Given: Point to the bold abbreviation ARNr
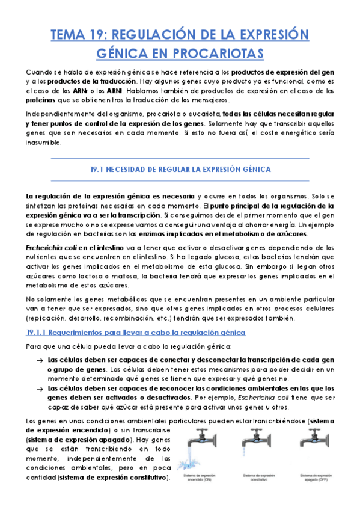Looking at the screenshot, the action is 80,90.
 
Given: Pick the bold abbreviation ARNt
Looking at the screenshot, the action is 112,90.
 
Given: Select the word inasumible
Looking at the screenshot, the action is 43,143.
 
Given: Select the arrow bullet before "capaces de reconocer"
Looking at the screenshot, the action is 38,389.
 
